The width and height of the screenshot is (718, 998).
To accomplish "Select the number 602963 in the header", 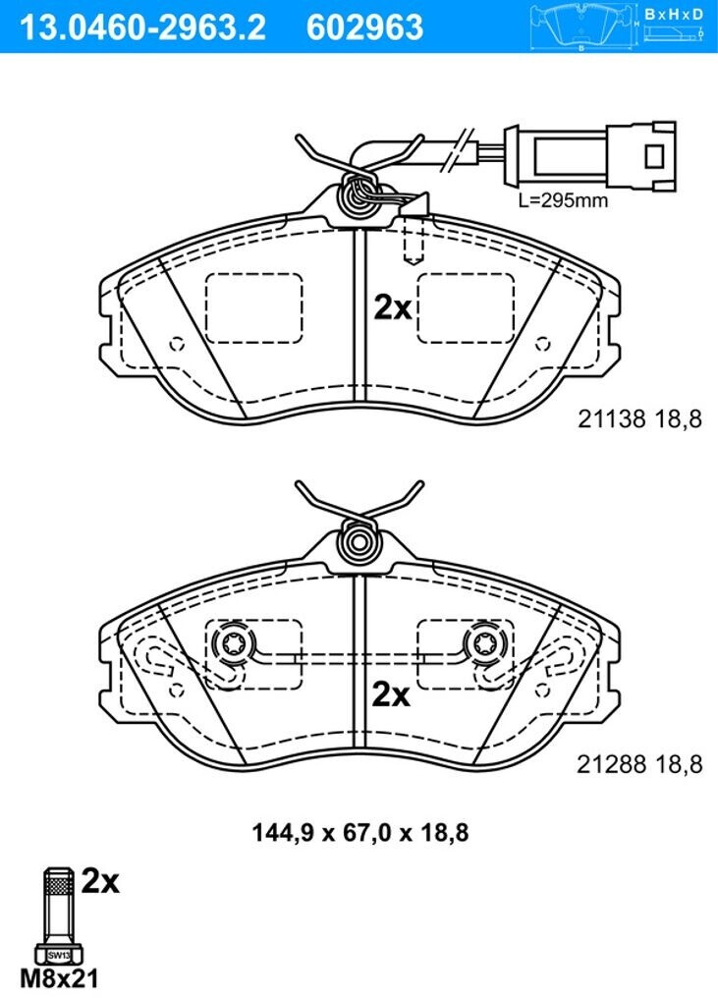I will click(x=365, y=27).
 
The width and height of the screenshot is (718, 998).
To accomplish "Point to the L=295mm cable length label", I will click(x=563, y=200).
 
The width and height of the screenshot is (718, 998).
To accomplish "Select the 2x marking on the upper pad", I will click(x=393, y=308).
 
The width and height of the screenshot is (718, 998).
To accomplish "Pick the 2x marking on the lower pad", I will click(x=391, y=695).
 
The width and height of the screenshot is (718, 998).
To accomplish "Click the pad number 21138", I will click(x=608, y=419).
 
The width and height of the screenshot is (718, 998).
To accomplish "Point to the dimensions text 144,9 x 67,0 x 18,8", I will click(x=359, y=834).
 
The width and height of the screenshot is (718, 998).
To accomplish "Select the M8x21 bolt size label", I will click(x=61, y=978).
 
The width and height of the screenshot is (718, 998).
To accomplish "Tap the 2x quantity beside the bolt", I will click(x=99, y=882).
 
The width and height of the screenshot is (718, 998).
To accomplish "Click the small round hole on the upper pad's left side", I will click(x=177, y=345).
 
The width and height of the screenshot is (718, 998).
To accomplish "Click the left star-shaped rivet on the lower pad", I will click(x=233, y=644).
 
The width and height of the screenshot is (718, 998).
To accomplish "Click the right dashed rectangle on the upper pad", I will click(x=465, y=307).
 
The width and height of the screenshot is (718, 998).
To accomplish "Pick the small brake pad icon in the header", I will click(x=584, y=26).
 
